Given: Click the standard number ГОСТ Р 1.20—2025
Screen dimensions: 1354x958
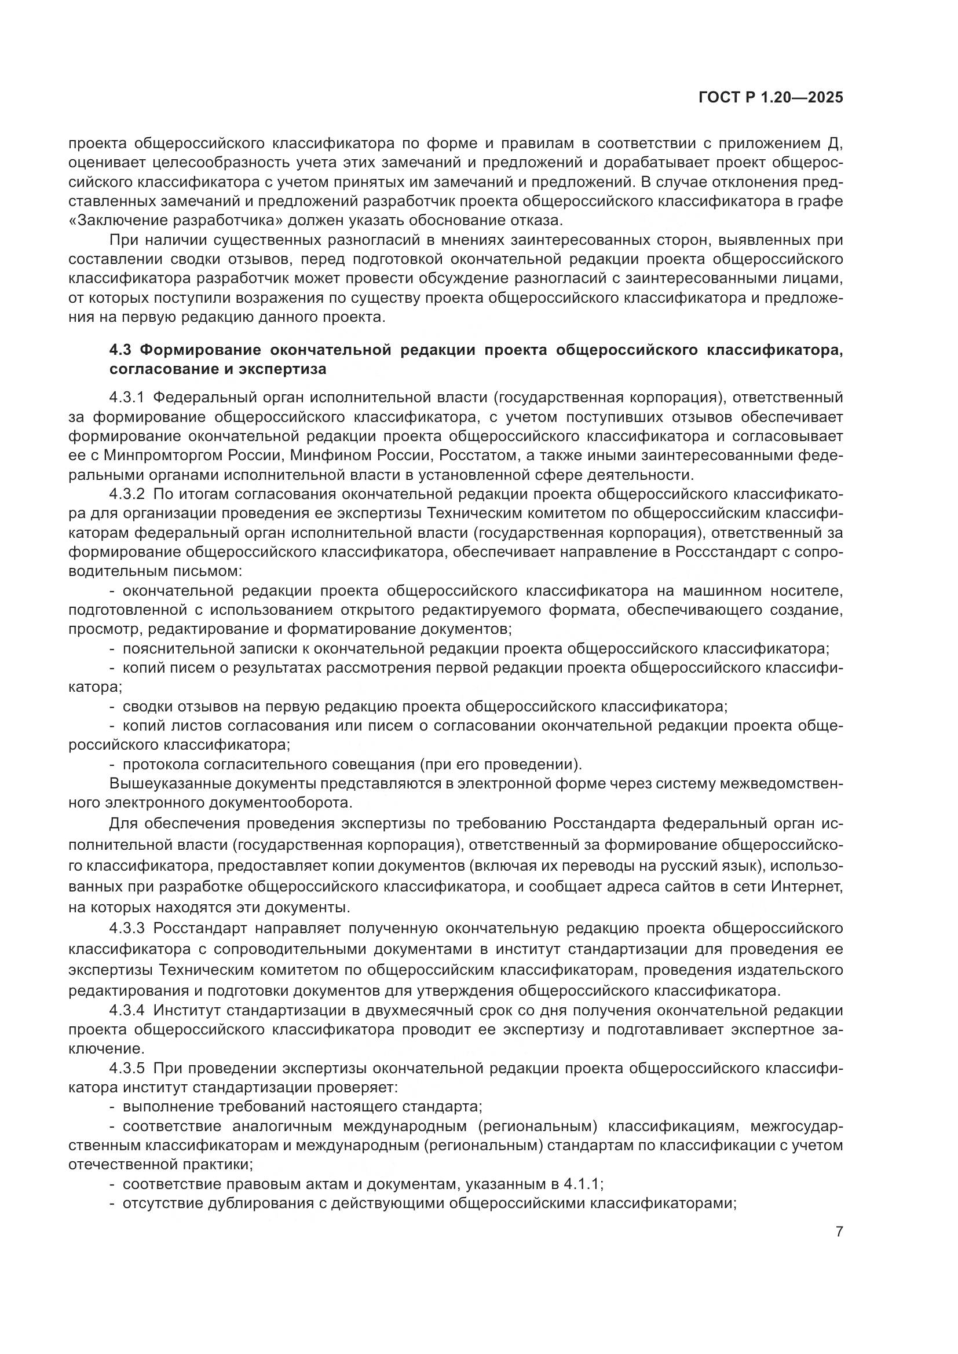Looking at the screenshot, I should (x=770, y=97).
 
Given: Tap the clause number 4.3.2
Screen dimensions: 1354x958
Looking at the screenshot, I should (x=127, y=494).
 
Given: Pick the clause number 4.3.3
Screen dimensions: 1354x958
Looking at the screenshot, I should (x=127, y=929).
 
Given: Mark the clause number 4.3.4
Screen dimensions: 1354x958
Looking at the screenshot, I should (x=127, y=1010).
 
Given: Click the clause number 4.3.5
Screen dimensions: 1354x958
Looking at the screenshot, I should (x=127, y=1068).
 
